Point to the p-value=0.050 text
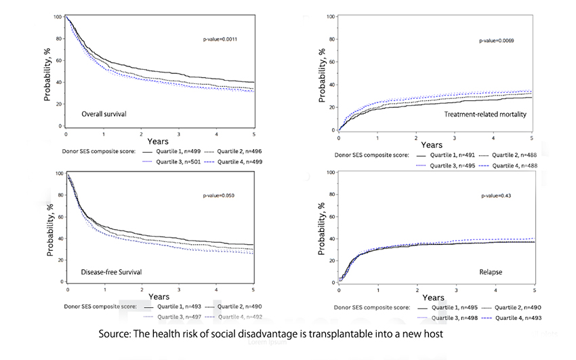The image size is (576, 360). point(219,196)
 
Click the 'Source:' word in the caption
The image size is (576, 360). point(117,334)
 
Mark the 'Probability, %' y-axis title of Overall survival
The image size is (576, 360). point(48,71)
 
